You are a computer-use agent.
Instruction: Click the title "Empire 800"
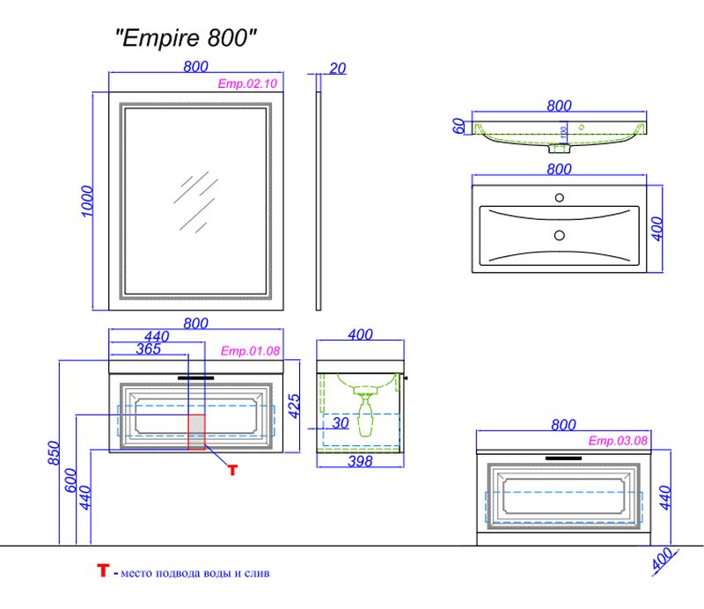pos(187,39)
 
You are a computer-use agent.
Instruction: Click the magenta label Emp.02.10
pos(247,84)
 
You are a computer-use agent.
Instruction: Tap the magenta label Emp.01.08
pos(250,350)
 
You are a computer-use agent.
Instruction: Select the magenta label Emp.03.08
pos(618,441)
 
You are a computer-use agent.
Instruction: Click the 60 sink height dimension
pos(458,126)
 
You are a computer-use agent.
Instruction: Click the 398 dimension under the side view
pos(361,461)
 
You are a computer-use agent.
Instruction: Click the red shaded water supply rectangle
pos(196,432)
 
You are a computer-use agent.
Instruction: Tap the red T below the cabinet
pos(232,470)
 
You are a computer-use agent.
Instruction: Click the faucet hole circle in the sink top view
pos(558,196)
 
